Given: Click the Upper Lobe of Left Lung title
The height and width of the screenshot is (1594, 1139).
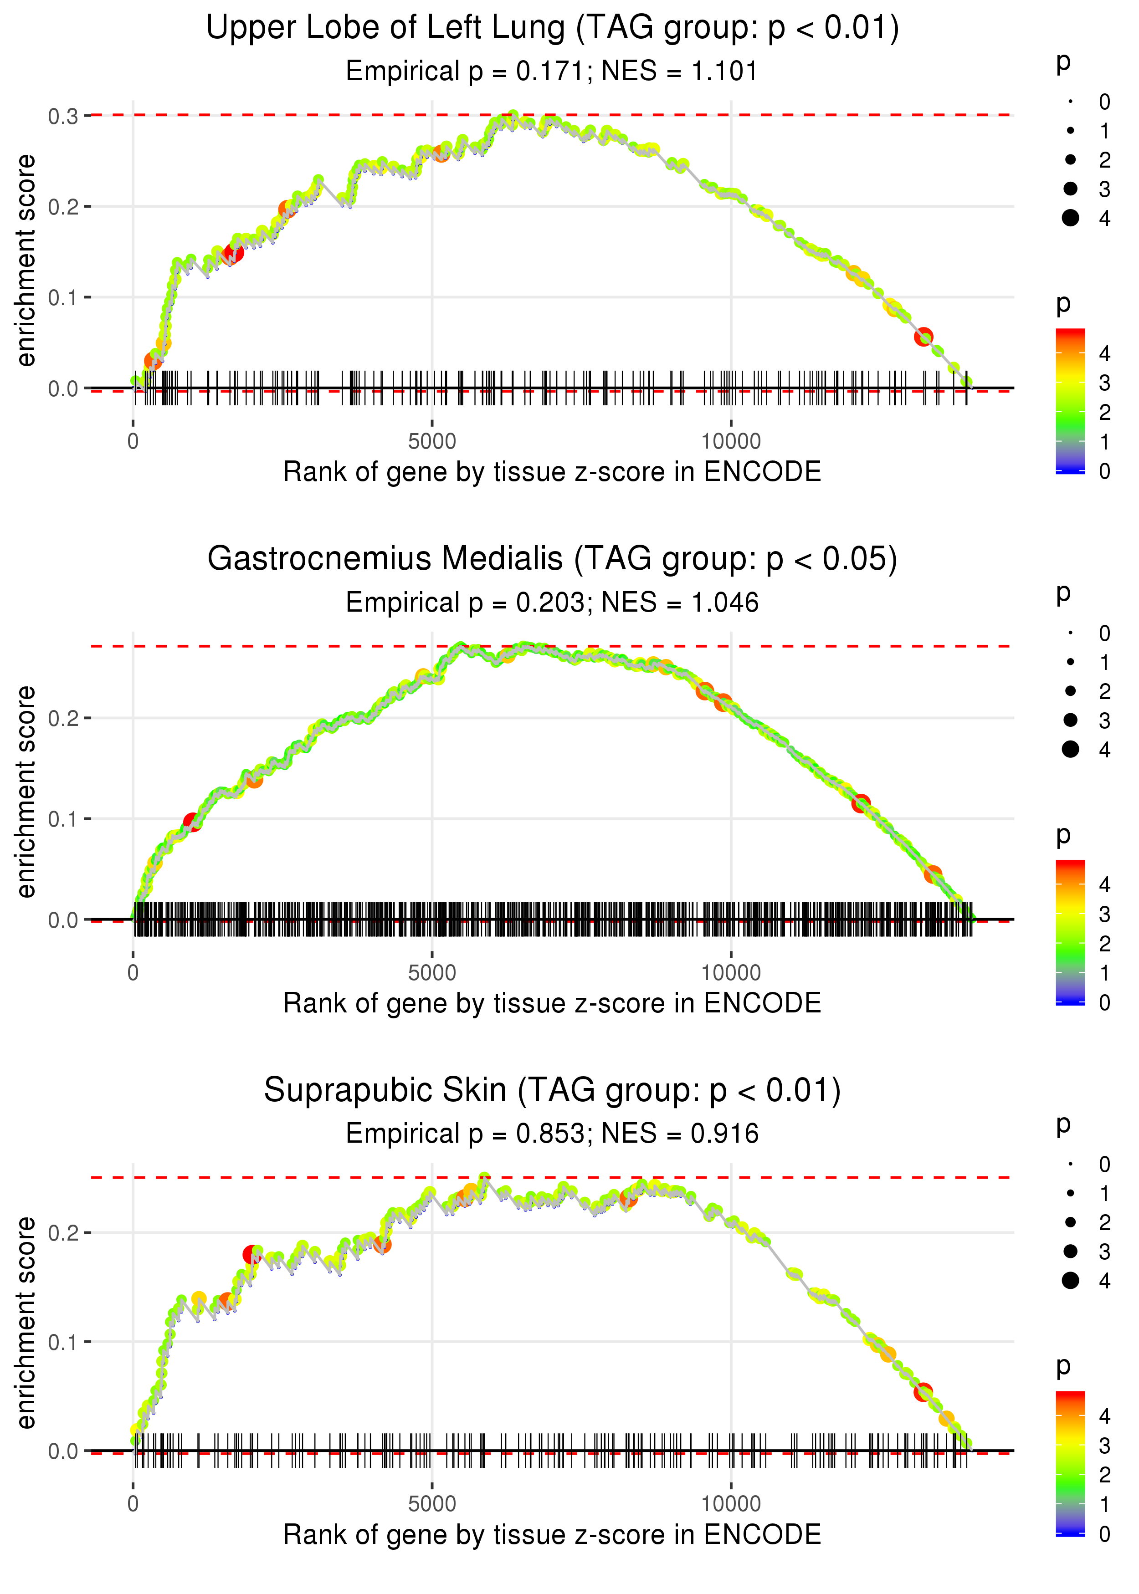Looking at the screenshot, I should pyautogui.click(x=552, y=28).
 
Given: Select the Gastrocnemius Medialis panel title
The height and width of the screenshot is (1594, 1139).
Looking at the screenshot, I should pyautogui.click(x=552, y=559).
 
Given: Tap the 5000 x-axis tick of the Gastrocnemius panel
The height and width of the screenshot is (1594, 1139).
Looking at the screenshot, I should pyautogui.click(x=432, y=973).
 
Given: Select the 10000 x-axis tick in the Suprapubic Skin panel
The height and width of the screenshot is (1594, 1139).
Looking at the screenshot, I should pyautogui.click(x=731, y=1504).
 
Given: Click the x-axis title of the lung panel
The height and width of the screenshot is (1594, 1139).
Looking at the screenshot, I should pyautogui.click(x=552, y=472).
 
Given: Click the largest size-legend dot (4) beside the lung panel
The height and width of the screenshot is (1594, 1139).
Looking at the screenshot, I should pyautogui.click(x=1070, y=218).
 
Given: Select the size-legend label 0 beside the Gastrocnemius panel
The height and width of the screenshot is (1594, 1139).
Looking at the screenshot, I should pyautogui.click(x=1105, y=634).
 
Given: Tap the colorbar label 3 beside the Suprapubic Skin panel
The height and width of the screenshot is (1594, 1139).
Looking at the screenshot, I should pyautogui.click(x=1105, y=1446).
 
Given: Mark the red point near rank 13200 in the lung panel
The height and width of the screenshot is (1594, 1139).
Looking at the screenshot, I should pyautogui.click(x=924, y=337).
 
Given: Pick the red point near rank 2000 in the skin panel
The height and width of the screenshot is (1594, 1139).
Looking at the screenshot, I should pyautogui.click(x=251, y=1255).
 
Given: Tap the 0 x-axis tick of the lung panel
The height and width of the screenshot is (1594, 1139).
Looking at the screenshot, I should pyautogui.click(x=133, y=442).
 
